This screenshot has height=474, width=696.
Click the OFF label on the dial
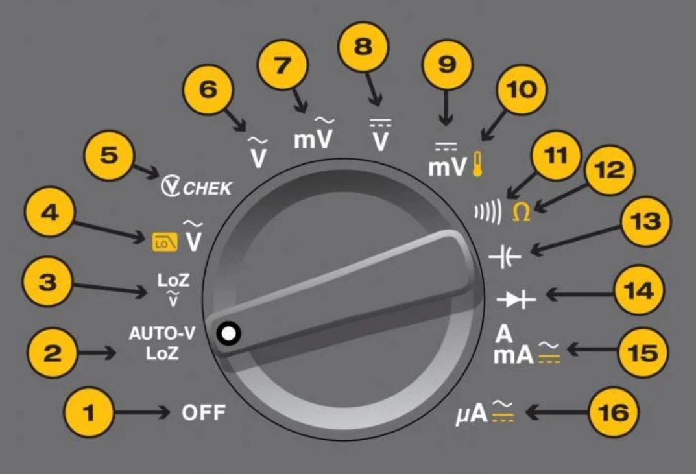203,412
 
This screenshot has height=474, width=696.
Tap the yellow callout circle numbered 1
90,412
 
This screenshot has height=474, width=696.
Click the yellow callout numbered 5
109,156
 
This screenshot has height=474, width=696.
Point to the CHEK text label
206,188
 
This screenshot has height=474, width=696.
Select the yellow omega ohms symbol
521,212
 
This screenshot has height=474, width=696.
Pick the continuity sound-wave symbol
487,213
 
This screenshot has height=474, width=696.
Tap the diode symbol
516,300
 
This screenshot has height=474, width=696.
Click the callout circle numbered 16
613,412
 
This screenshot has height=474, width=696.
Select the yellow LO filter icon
160,243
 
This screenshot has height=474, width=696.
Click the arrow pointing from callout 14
577,295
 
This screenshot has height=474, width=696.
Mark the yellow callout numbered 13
645,222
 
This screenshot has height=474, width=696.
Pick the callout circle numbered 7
282,67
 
